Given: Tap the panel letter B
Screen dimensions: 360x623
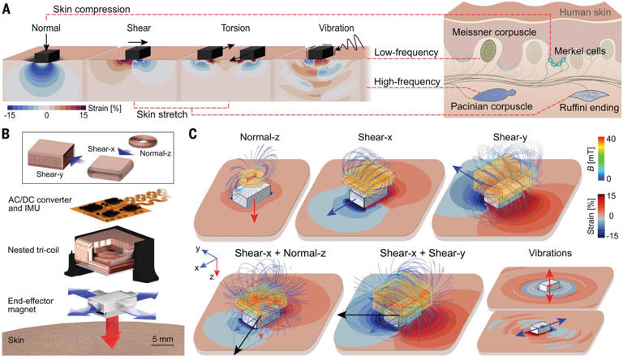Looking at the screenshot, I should click(7, 131).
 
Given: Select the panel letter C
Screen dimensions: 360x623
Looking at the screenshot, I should click(194, 131).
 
